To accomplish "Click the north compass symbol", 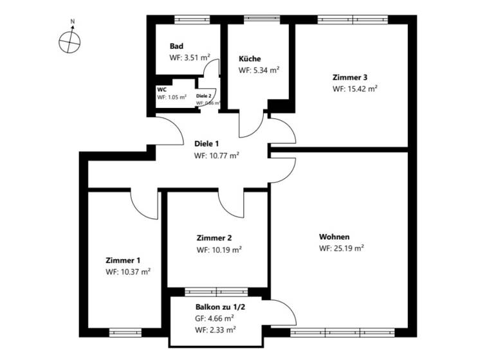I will [x=69, y=42].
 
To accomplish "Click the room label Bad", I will [x=176, y=46].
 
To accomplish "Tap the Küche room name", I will [x=250, y=59].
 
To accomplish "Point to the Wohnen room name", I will [x=334, y=236].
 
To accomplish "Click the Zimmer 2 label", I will [x=212, y=237].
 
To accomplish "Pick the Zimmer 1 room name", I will [x=123, y=260].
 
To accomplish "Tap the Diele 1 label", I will [x=207, y=143].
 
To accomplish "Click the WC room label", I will [x=161, y=89].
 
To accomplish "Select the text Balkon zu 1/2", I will [x=220, y=308].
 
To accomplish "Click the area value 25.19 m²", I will [x=342, y=248].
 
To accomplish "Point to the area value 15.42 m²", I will [x=354, y=89].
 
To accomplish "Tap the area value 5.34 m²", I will [x=259, y=70].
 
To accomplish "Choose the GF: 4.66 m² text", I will [x=215, y=318].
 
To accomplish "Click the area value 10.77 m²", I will [x=217, y=156].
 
